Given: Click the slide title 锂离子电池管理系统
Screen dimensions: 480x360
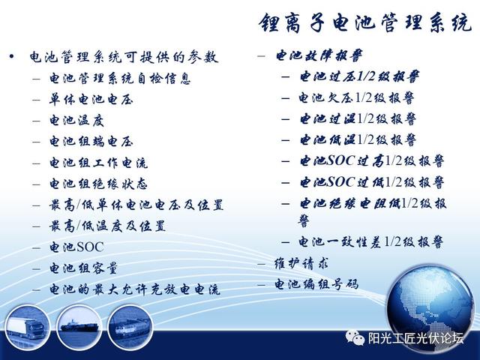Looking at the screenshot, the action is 365,23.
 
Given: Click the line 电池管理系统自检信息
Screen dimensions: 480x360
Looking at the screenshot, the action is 120,78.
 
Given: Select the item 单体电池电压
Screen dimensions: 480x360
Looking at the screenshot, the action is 91,100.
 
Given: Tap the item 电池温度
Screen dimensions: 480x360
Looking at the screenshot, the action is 76,121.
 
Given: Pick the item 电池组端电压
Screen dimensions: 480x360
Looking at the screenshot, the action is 91,142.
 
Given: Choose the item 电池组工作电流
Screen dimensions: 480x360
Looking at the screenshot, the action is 98,163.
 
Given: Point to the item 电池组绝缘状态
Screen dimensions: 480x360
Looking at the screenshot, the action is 98,184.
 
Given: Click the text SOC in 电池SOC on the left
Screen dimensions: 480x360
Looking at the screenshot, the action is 90,247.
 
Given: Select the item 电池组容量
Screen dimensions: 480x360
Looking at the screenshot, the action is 83,268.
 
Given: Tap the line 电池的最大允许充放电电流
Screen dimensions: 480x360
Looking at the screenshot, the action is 135,289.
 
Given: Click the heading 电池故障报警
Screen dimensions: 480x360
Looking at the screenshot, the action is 319,55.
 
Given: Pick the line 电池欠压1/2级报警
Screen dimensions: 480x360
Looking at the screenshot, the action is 356,98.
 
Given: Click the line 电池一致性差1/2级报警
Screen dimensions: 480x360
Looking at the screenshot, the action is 370,242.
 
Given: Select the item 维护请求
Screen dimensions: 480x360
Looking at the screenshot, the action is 301,263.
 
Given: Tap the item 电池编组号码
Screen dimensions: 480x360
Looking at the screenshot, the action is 316,285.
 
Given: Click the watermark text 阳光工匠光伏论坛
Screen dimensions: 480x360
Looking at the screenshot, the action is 415,338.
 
